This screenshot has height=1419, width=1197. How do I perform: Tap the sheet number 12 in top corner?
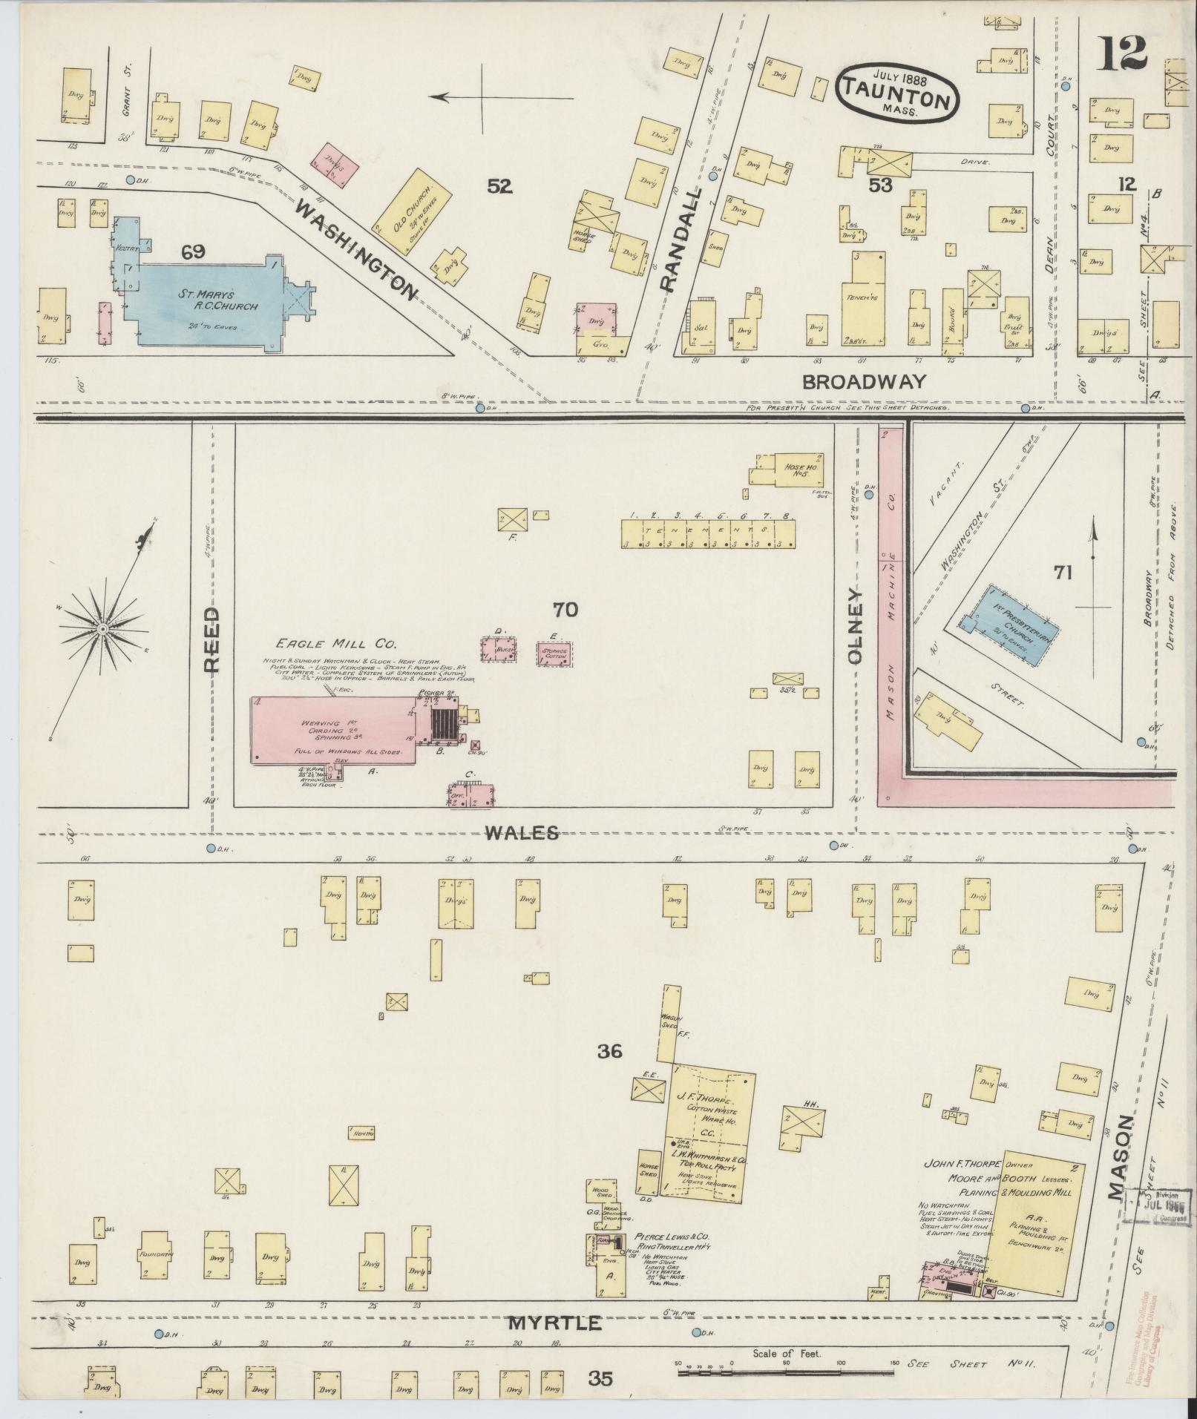(1123, 53)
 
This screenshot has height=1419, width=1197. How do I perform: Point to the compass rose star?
(103, 630)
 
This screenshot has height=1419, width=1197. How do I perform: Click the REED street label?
(213, 639)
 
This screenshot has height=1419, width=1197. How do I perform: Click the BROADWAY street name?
(865, 381)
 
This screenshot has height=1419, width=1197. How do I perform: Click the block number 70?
(565, 610)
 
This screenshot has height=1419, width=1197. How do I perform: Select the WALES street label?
(522, 834)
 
